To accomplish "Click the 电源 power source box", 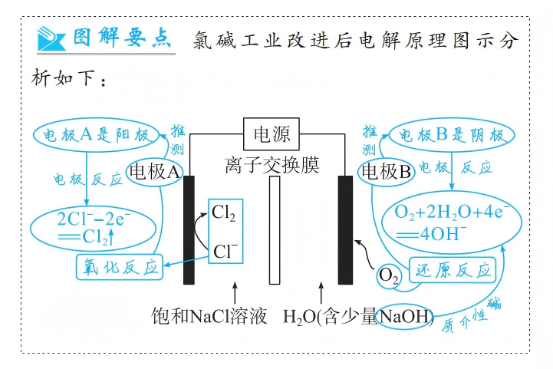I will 272,135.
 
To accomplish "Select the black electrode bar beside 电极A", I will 189,229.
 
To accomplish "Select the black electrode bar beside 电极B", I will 345,229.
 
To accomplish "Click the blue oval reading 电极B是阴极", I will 449,135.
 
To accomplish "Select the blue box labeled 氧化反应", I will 121,267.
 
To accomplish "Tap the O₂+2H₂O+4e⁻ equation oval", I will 453,221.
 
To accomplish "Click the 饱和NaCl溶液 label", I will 209,316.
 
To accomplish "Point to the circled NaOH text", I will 406,317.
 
